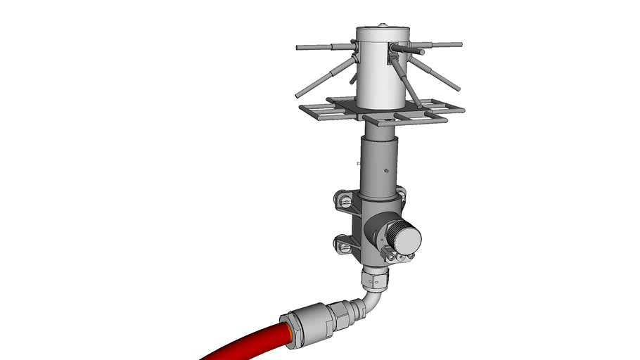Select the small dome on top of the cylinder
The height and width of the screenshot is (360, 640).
[382, 26]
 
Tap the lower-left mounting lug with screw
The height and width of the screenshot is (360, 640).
[345, 245]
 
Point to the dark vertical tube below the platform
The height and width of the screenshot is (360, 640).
[380, 165]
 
